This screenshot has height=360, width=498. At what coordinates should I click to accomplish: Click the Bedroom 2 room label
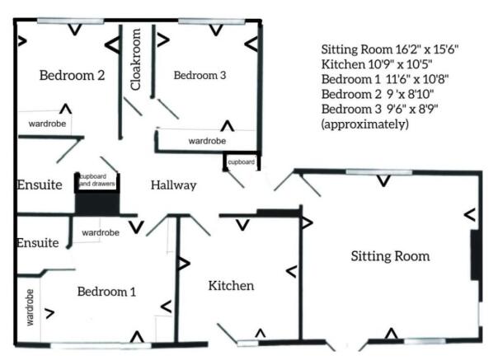click(72, 76)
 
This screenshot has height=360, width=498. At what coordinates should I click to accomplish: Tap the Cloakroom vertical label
click(135, 59)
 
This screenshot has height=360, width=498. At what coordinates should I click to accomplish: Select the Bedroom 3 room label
click(200, 75)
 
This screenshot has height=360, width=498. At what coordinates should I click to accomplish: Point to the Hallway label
click(173, 185)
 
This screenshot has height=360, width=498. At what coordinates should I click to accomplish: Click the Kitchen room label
click(231, 286)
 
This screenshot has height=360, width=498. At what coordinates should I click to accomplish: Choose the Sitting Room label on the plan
click(390, 256)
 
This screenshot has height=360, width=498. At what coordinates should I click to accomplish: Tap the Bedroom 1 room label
click(106, 292)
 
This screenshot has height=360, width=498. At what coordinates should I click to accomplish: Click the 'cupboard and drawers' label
click(97, 180)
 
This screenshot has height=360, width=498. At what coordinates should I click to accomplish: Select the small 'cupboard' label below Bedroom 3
click(242, 162)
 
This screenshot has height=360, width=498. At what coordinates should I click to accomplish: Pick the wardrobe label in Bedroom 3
click(207, 141)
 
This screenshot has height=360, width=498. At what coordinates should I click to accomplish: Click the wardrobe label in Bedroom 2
click(47, 124)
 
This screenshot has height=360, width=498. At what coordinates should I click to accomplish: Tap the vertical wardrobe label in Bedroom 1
click(30, 307)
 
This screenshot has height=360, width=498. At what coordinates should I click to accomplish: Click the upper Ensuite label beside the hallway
click(40, 185)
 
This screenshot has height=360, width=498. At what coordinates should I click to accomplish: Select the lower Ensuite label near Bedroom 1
click(38, 243)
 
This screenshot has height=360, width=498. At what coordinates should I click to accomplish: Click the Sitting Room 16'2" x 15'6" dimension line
click(390, 49)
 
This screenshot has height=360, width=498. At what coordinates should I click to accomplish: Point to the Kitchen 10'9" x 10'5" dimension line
click(377, 64)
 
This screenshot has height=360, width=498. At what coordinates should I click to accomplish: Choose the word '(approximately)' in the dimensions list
click(365, 124)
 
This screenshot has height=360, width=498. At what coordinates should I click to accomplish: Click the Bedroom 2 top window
click(71, 21)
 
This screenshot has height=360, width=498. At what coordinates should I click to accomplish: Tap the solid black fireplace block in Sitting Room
click(475, 255)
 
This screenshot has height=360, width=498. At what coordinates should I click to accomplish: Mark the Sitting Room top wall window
click(379, 172)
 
